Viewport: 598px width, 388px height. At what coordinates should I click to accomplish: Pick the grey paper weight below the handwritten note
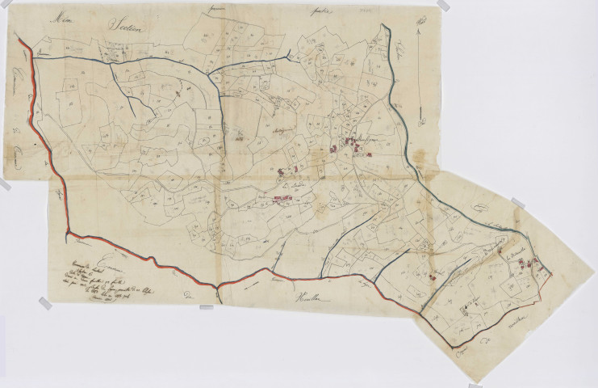[x=45, y=303]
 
